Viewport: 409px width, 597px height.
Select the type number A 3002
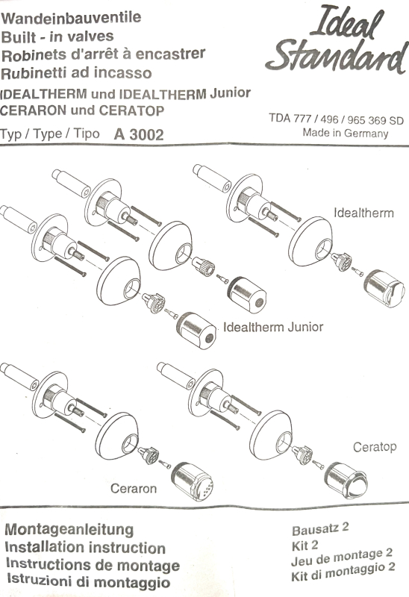[139, 135]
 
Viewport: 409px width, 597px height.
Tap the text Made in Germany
[345, 133]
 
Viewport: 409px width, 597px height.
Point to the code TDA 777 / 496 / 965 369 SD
[336, 119]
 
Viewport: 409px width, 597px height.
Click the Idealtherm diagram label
[363, 213]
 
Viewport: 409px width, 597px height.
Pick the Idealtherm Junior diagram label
[273, 327]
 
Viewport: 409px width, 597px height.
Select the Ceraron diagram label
[134, 490]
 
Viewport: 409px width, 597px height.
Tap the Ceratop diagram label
[375, 446]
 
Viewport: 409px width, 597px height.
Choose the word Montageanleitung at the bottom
[69, 529]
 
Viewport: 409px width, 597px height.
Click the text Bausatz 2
[320, 531]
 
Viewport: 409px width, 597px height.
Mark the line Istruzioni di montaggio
[87, 582]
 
